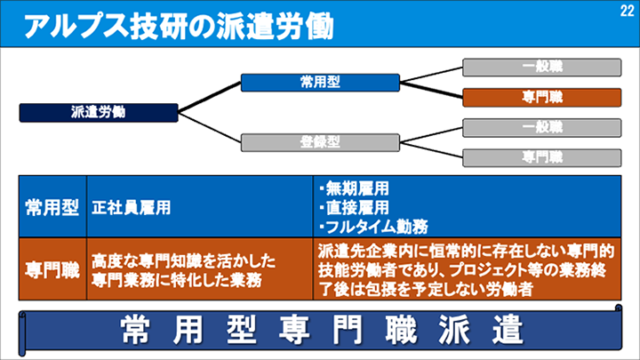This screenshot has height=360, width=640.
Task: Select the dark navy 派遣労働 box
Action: click(x=99, y=112)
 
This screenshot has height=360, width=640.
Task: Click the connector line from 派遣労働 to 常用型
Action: click(x=210, y=97)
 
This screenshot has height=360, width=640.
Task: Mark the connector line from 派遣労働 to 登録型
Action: click(x=210, y=126)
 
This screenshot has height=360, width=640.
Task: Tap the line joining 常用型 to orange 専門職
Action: click(x=431, y=89)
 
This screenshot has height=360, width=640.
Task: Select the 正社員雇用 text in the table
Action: click(x=131, y=207)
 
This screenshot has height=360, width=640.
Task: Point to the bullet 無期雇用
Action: click(x=356, y=188)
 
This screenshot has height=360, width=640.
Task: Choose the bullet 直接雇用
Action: click(x=356, y=207)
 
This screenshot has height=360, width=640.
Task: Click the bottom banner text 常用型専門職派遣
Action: click(x=320, y=329)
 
